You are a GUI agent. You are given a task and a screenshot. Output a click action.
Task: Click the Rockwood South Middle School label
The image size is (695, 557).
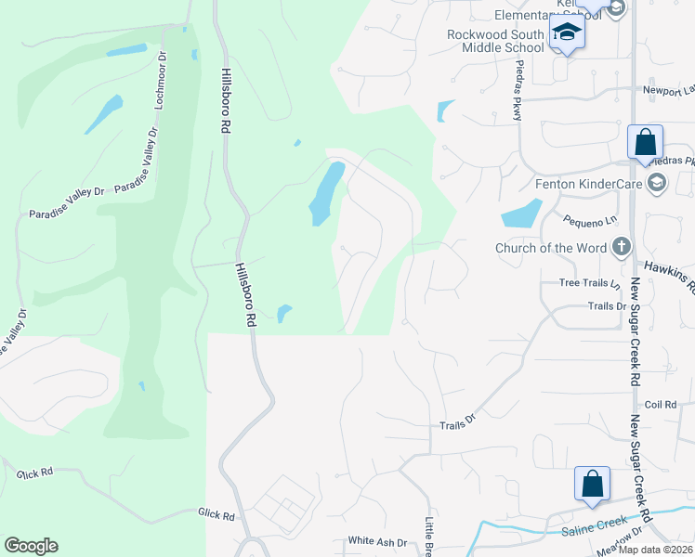(494, 41)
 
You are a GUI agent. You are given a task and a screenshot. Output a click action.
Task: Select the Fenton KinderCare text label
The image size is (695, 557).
(588, 184)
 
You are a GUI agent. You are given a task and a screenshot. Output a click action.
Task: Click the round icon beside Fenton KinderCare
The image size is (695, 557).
(658, 182)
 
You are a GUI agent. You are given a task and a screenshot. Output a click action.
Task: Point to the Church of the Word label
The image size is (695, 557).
(551, 247)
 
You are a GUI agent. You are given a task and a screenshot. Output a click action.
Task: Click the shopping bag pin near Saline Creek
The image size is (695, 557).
(592, 485)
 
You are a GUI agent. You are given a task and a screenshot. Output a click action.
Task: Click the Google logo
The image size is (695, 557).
(31, 546)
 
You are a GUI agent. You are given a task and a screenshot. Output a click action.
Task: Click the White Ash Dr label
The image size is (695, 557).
(378, 541)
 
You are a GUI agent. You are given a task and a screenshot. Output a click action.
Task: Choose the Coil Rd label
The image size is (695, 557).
(661, 405)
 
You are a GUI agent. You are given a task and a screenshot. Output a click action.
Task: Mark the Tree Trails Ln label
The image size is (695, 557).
(588, 282)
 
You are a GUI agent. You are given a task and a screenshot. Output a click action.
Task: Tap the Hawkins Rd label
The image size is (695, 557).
(668, 276)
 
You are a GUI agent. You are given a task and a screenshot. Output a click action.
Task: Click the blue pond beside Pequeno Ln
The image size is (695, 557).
(522, 214)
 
